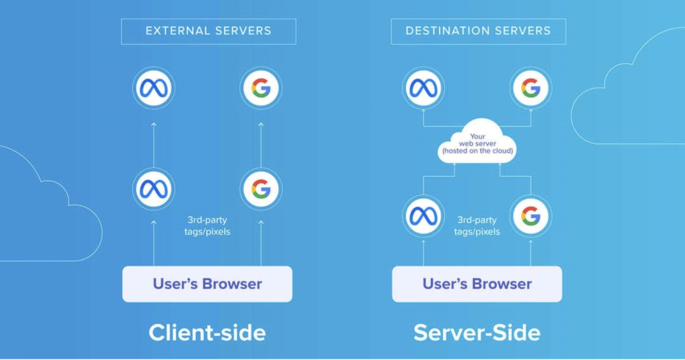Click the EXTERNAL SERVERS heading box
point(208,31)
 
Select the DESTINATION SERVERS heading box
point(478,31)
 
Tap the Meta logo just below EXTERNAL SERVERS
point(153,88)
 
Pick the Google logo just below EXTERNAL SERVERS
point(261,88)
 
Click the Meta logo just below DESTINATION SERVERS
point(423,88)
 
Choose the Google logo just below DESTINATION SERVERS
point(530,88)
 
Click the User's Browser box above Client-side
point(207,284)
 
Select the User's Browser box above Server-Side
point(477,284)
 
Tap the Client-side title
point(207,333)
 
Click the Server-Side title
point(477,333)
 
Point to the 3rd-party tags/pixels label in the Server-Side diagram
point(477,226)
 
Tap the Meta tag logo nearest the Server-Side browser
point(423,216)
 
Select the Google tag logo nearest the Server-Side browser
point(530,216)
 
